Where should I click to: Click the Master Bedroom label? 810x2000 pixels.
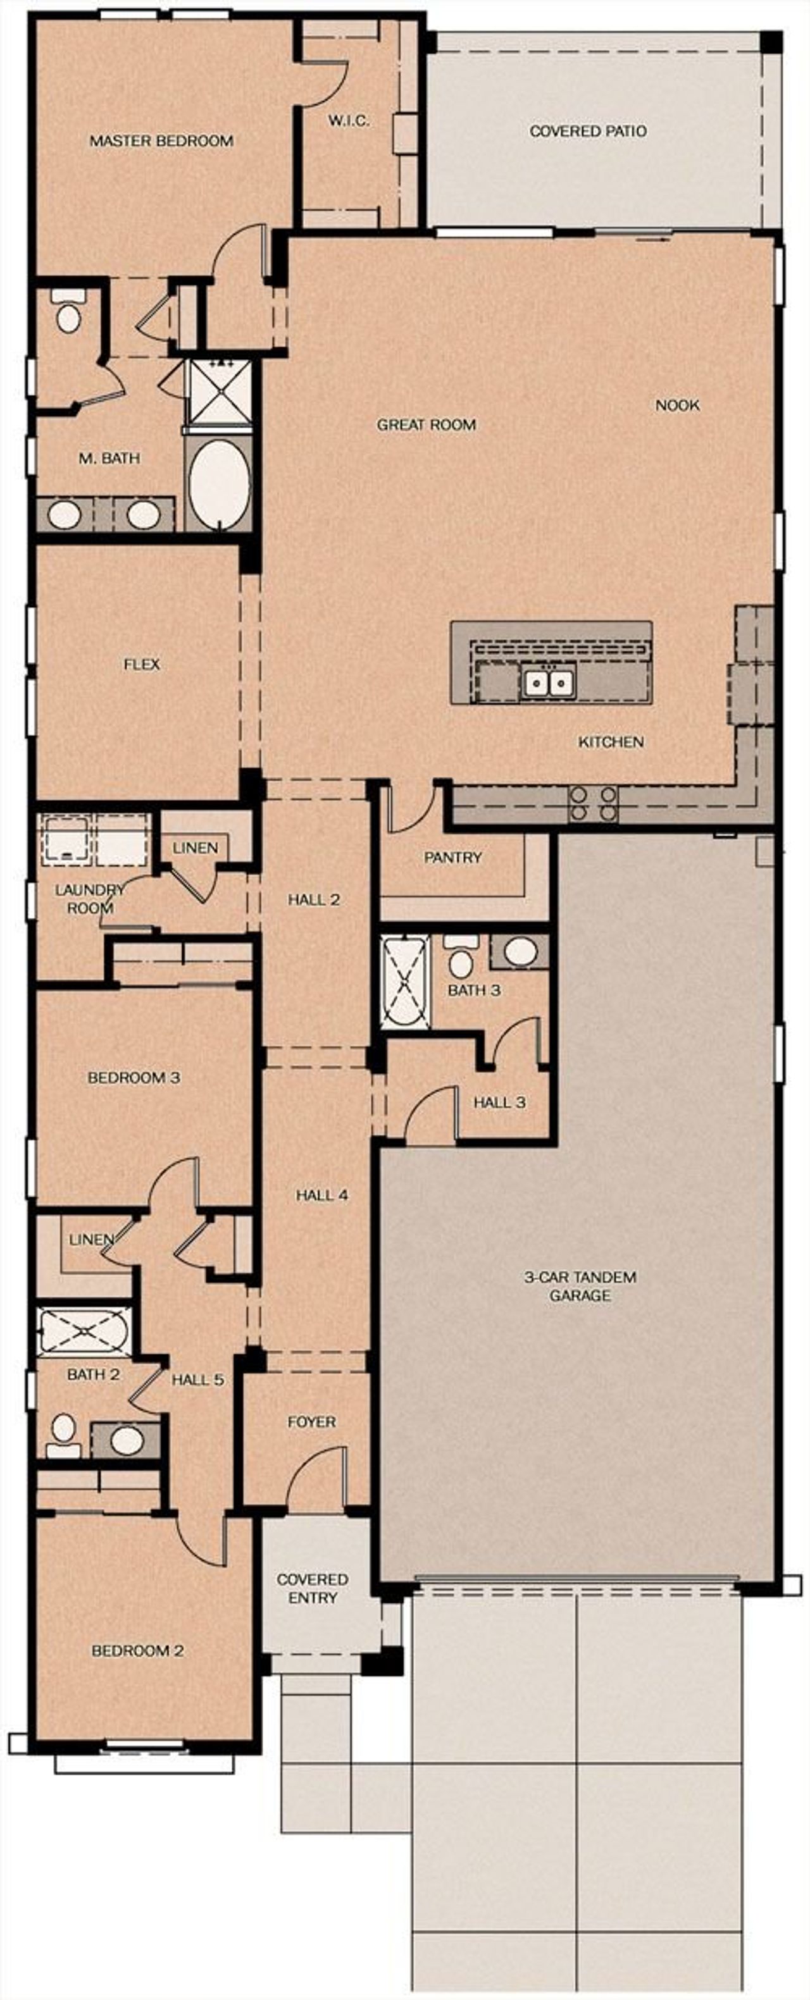coord(161,141)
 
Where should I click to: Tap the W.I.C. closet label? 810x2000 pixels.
coord(348,121)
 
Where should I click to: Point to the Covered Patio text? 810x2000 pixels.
coord(588,131)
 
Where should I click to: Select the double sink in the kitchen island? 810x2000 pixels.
coord(548,683)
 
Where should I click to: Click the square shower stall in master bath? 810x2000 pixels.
coord(221,392)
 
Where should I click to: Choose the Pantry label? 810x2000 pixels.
coord(452,857)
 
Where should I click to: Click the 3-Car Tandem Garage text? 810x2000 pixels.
coord(580,1286)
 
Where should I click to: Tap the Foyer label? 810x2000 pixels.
coord(311,1422)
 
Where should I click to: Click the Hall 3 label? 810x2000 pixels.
coord(499,1102)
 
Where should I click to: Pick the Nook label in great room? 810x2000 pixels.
coord(677,405)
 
